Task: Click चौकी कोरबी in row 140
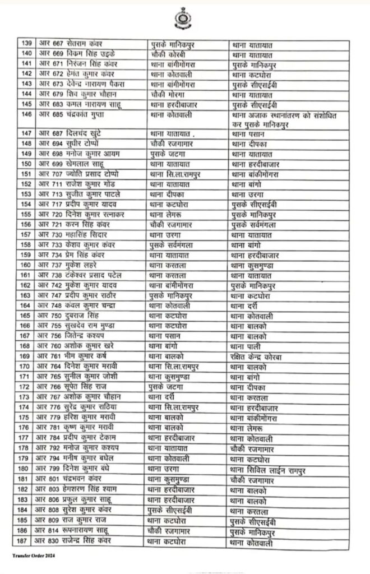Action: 168,53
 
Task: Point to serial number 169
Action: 25,357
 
